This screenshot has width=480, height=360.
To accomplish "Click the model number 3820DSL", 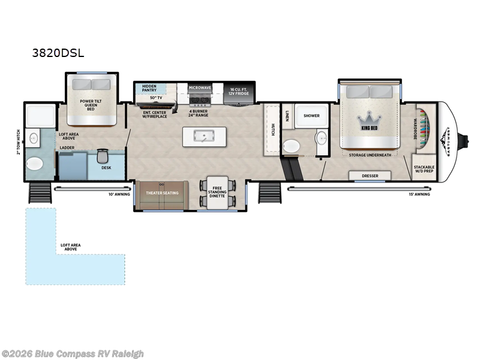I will (58, 52).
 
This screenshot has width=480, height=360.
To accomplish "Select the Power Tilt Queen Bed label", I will (90, 106).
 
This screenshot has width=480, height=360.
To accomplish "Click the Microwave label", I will (200, 88).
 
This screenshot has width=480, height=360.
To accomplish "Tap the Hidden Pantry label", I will (147, 89).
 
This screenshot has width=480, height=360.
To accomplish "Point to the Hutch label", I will (272, 130).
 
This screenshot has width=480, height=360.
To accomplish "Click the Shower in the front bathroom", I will (311, 115).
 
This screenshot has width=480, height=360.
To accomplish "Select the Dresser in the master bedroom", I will (370, 176).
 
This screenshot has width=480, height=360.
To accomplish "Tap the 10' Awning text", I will (118, 194).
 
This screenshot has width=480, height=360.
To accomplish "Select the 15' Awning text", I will (420, 194).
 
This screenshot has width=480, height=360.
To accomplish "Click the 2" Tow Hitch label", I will (19, 142).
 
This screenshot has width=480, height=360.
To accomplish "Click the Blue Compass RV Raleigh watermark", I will (73, 354).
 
